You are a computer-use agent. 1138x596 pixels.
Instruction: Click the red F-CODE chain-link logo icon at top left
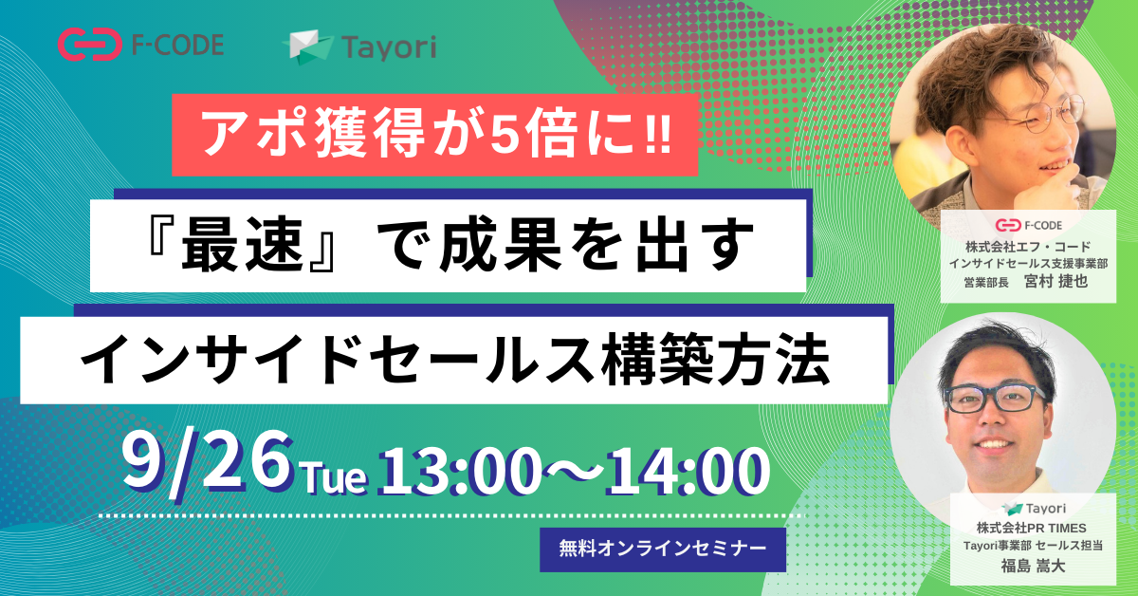[90, 45]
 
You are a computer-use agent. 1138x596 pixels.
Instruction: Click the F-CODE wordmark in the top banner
[178, 45]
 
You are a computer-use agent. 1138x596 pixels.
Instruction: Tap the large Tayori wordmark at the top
[389, 48]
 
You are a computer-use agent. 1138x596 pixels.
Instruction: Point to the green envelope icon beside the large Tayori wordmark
[308, 47]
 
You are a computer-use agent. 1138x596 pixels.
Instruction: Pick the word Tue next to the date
[335, 478]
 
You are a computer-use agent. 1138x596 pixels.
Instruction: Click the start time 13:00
[460, 473]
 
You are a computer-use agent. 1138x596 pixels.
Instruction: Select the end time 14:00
[687, 473]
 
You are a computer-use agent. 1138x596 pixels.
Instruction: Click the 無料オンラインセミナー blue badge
[663, 549]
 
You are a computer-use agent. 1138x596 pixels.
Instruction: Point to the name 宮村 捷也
[1055, 281]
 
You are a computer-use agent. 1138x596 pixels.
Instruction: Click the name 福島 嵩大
[1033, 566]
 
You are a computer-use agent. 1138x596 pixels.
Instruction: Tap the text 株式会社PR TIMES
[1032, 528]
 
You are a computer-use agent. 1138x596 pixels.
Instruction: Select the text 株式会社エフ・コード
[1028, 247]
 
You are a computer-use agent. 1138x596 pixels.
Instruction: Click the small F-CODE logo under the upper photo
[1028, 225]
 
